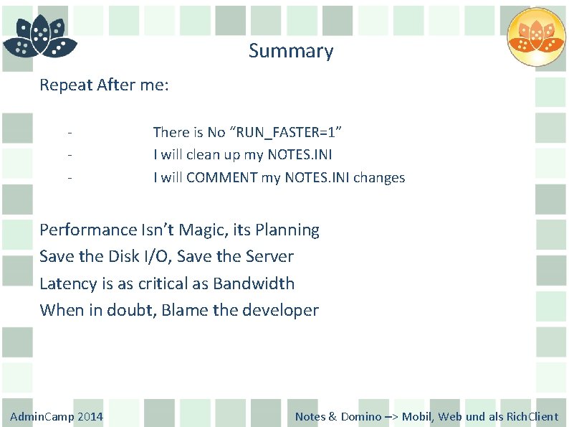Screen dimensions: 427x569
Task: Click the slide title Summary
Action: [x=291, y=52]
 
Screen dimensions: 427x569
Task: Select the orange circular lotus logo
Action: [x=535, y=37]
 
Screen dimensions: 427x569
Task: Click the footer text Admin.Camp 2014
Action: [x=57, y=416]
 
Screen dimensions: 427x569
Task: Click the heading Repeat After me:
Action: [x=104, y=85]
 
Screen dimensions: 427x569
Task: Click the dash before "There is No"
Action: [x=70, y=133]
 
